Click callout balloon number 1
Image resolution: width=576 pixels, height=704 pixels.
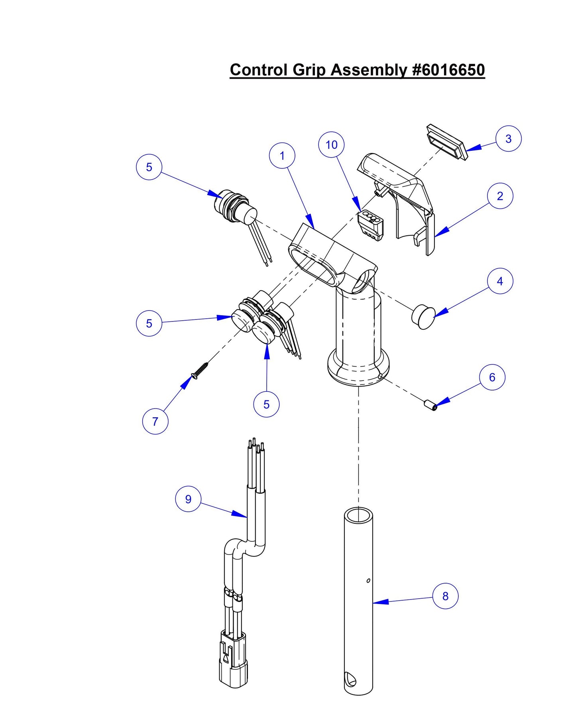point(282,156)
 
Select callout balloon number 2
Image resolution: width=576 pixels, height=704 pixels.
point(500,196)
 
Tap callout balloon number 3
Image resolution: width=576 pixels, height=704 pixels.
point(508,138)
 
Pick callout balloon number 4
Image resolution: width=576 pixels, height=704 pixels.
point(500,281)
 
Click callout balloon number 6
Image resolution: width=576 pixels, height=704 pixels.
point(492,377)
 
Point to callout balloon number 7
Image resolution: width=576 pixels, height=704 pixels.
point(155,421)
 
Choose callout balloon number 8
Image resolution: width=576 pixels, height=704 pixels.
point(445,596)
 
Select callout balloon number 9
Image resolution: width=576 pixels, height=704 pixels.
point(188,499)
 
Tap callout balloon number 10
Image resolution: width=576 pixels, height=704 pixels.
point(331,145)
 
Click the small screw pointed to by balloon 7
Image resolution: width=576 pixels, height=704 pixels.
point(201,369)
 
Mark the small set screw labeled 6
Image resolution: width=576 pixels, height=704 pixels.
point(430,405)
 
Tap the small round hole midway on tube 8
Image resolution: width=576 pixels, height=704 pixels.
point(368,580)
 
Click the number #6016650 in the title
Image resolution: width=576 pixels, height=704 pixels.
point(448,70)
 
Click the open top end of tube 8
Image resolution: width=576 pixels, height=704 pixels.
point(358,515)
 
